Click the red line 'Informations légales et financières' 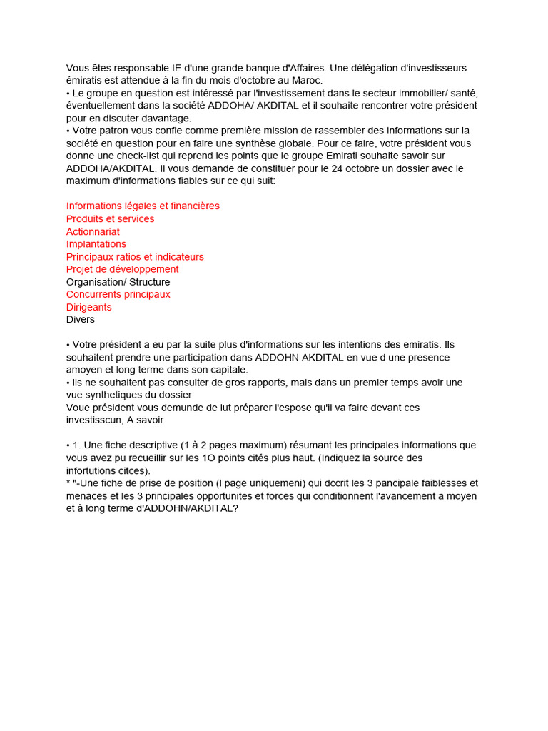point(143,206)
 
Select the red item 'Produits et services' point(110,218)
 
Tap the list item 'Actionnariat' point(93,231)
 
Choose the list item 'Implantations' point(96,243)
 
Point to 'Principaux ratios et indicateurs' point(135,256)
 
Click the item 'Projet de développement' point(122,269)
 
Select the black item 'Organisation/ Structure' point(118,282)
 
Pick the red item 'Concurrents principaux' point(118,294)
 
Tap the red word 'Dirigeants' point(88,307)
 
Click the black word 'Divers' point(81,319)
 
